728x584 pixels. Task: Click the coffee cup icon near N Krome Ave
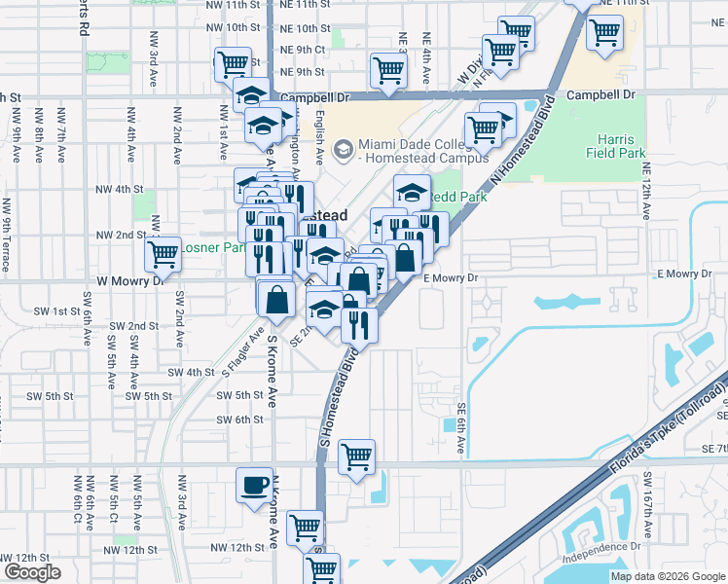click(255, 485)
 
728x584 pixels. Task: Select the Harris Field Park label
click(615, 146)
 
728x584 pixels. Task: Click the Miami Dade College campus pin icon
click(342, 150)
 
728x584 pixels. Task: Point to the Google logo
click(31, 572)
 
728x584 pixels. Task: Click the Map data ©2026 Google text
click(668, 576)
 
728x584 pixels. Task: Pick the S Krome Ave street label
click(273, 370)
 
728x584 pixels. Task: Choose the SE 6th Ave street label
click(461, 428)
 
